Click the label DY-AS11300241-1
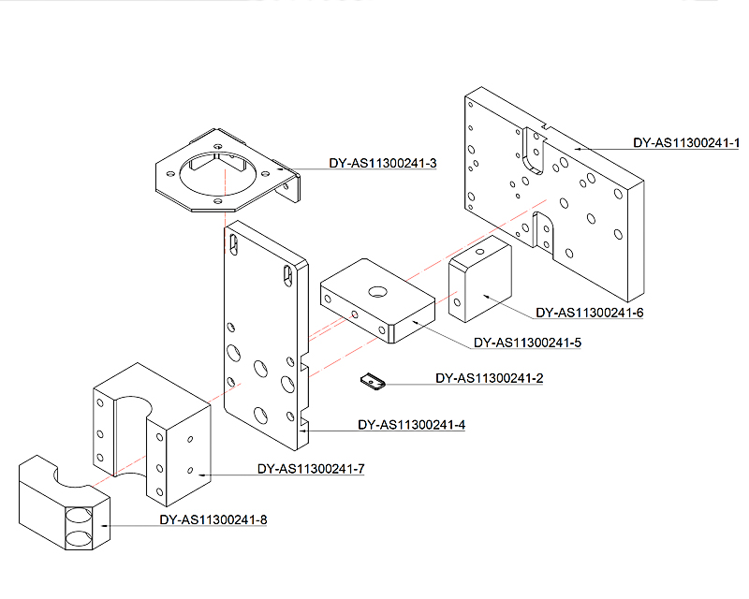coord(686,143)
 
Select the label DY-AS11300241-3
coord(383,164)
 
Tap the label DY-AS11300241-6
coord(590,313)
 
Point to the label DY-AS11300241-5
coord(527,343)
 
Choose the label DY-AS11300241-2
coord(489,378)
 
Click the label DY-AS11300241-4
coord(411,425)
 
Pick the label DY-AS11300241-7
coord(311,469)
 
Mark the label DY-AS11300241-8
coord(213,519)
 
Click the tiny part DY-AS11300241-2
coord(373,382)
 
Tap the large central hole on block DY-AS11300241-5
coord(378,291)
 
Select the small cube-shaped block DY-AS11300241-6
coord(480,279)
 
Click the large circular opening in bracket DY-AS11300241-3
coord(218,173)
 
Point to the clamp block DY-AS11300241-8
coord(65,503)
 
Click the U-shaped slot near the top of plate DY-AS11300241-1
coord(534,151)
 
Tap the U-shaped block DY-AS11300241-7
coord(152,434)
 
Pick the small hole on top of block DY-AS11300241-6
coord(480,251)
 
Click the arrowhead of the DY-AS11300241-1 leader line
coord(577,149)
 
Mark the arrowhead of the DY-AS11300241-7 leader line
coord(202,475)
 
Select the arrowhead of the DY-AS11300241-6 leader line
coord(486,297)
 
